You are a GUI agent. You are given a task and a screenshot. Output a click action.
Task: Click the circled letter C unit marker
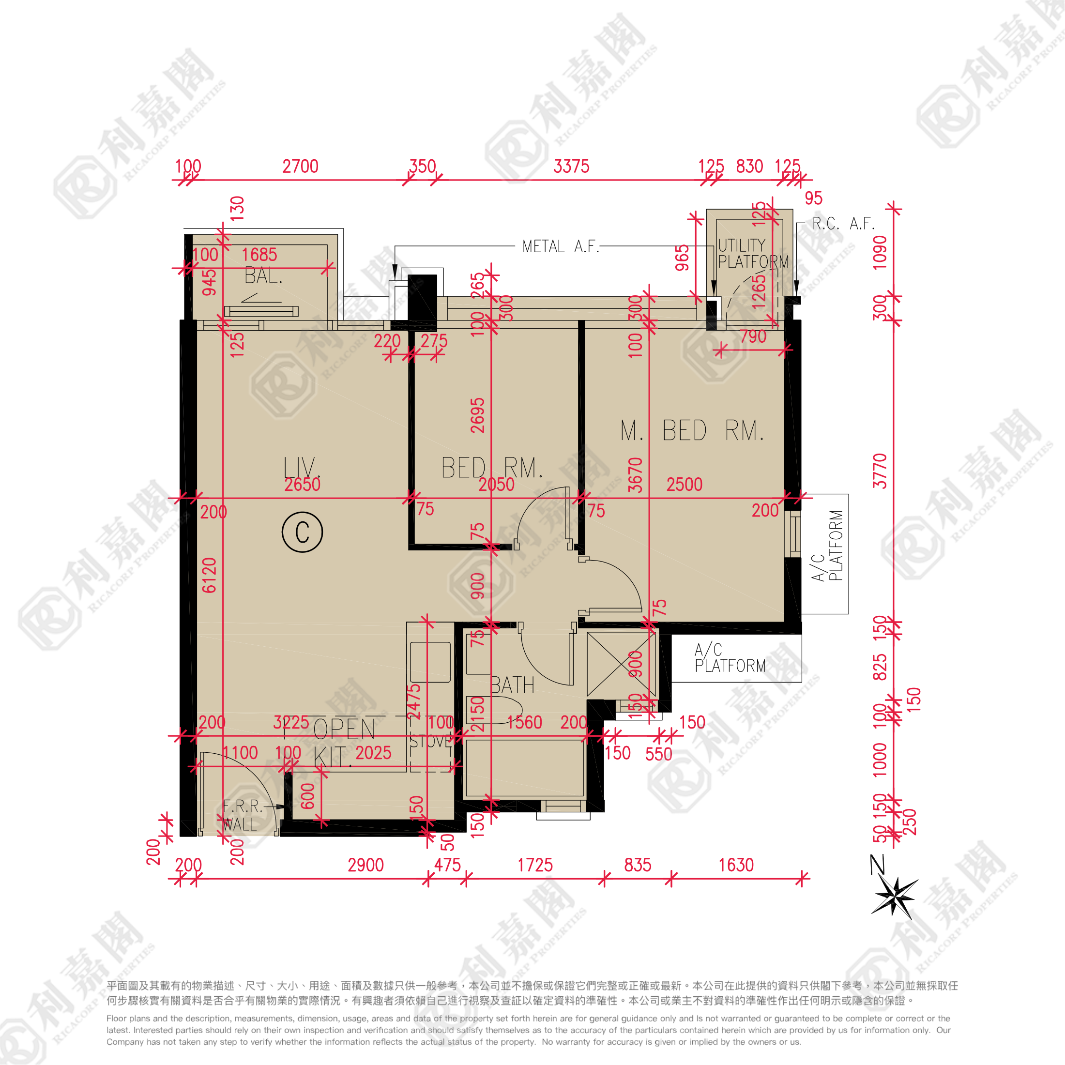tap(302, 532)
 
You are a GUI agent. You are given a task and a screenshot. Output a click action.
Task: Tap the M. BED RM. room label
tap(692, 430)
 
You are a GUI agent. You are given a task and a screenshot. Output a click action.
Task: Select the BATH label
tap(512, 685)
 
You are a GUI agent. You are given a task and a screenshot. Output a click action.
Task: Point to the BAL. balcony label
tap(263, 275)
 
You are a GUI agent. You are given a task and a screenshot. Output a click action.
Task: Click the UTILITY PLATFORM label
tap(752, 254)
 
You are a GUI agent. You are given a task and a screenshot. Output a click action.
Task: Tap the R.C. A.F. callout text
tap(843, 223)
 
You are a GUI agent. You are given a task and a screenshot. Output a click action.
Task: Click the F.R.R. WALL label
tap(242, 815)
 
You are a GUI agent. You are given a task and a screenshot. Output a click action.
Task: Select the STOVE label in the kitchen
tap(430, 742)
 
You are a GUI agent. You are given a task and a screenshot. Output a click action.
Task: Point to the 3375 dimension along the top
tap(571, 166)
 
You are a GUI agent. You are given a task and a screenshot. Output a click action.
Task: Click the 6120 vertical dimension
tap(210, 575)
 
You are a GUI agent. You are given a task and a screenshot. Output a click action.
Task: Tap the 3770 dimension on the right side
tap(881, 472)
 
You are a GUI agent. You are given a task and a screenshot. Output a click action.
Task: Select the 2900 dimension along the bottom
tap(365, 865)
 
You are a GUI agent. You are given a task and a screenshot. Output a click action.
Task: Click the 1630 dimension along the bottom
tap(736, 865)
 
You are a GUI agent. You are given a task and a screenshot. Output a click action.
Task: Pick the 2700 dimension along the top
tap(301, 166)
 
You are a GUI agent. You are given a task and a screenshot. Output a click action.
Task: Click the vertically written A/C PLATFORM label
tap(828, 546)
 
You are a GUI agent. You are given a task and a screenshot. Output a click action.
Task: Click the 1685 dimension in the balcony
tap(259, 255)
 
